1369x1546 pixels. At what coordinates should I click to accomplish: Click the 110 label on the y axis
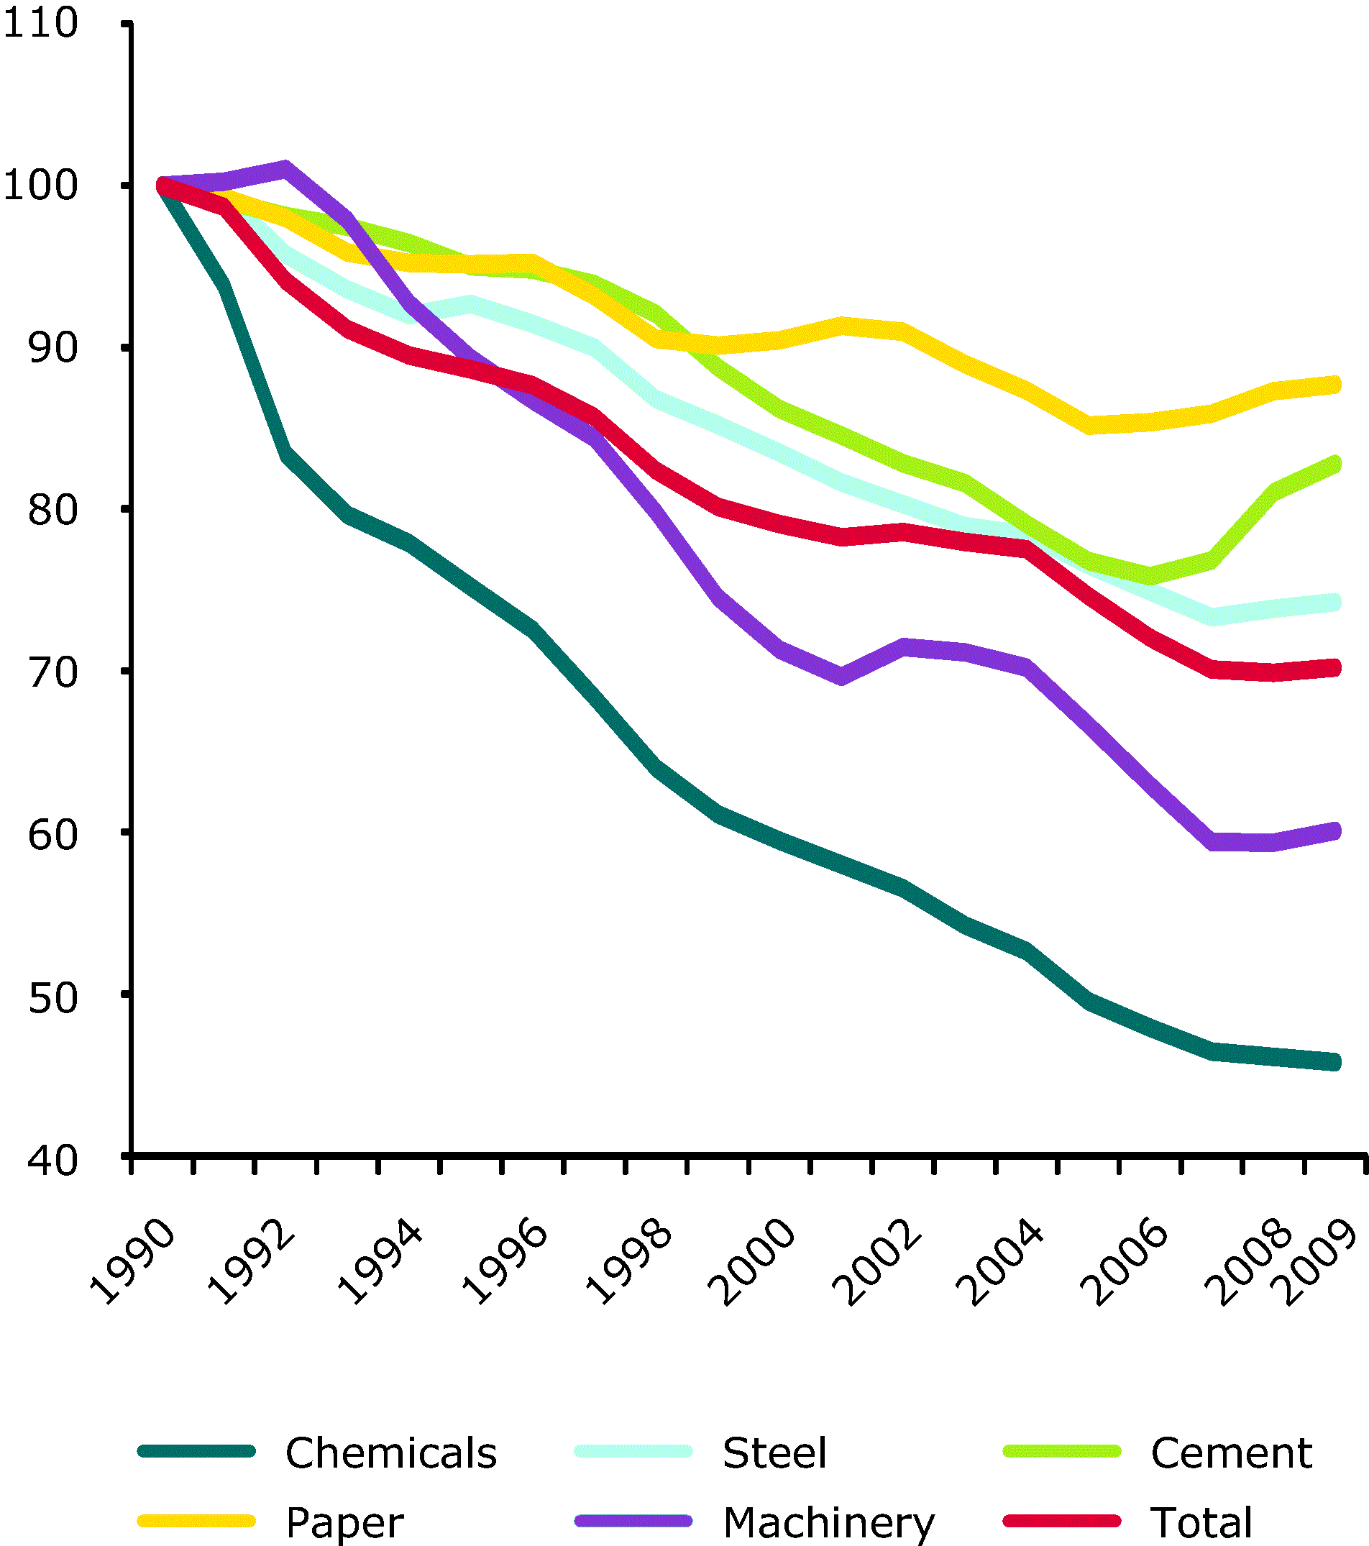pyautogui.click(x=41, y=24)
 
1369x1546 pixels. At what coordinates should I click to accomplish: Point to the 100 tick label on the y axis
pyautogui.click(x=41, y=186)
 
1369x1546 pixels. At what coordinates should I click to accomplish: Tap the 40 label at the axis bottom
pyautogui.click(x=53, y=1161)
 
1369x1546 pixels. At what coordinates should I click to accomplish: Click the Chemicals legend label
pyautogui.click(x=391, y=1453)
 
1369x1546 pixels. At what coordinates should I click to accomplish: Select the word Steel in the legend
pyautogui.click(x=774, y=1453)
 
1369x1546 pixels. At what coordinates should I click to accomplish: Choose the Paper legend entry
pyautogui.click(x=345, y=1522)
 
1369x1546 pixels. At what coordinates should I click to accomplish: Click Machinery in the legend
pyautogui.click(x=829, y=1522)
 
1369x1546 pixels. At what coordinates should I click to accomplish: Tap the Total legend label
pyautogui.click(x=1201, y=1522)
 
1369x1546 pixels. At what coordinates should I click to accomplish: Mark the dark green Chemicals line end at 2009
pyautogui.click(x=1334, y=1062)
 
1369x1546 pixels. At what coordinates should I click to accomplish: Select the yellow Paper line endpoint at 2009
pyautogui.click(x=1334, y=384)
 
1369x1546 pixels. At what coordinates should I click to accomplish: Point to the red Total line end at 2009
pyautogui.click(x=1334, y=667)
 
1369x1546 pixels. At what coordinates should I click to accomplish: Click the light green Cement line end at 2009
pyautogui.click(x=1334, y=464)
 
